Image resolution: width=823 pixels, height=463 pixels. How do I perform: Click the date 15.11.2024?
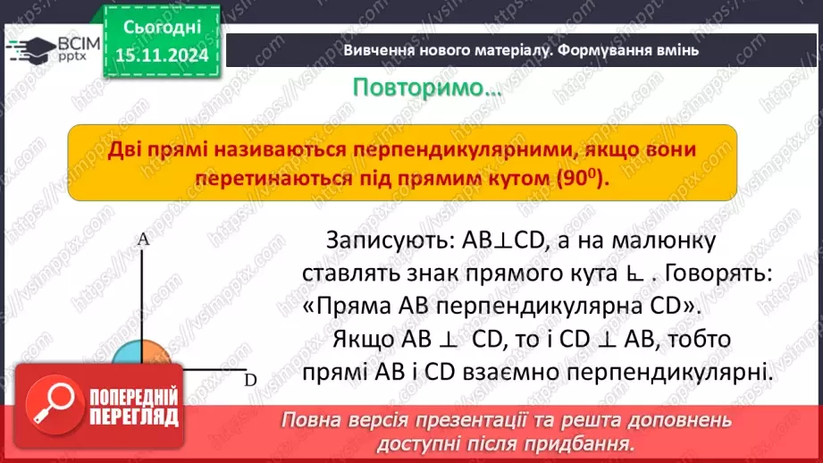[162, 55]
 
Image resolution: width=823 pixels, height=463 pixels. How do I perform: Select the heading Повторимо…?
[426, 88]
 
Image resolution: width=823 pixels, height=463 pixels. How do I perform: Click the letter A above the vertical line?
[143, 240]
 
